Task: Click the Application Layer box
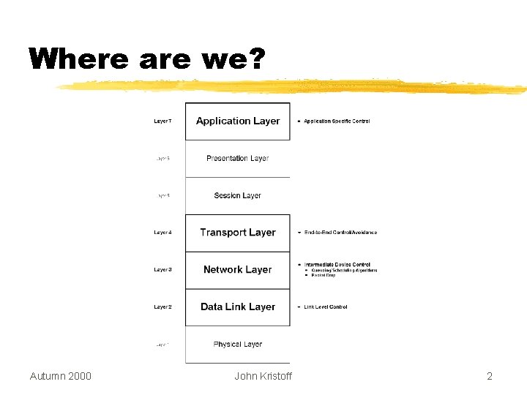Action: point(238,121)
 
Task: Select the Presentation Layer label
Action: point(238,158)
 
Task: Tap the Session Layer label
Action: point(238,195)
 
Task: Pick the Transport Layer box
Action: point(238,233)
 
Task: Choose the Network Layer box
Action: point(238,270)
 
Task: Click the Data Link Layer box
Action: point(238,307)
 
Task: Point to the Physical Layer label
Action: point(238,344)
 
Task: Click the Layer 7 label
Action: point(162,121)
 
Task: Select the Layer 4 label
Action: point(162,233)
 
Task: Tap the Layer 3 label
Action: point(162,270)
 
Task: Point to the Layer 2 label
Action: point(162,307)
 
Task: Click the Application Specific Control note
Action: point(337,121)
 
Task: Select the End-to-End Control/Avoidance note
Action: point(340,233)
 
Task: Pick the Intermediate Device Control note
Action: point(337,265)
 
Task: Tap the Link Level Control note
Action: point(326,307)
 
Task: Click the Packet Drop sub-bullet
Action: point(323,275)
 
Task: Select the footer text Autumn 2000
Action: point(61,376)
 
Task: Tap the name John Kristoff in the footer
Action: point(263,376)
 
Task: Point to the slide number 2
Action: point(490,376)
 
